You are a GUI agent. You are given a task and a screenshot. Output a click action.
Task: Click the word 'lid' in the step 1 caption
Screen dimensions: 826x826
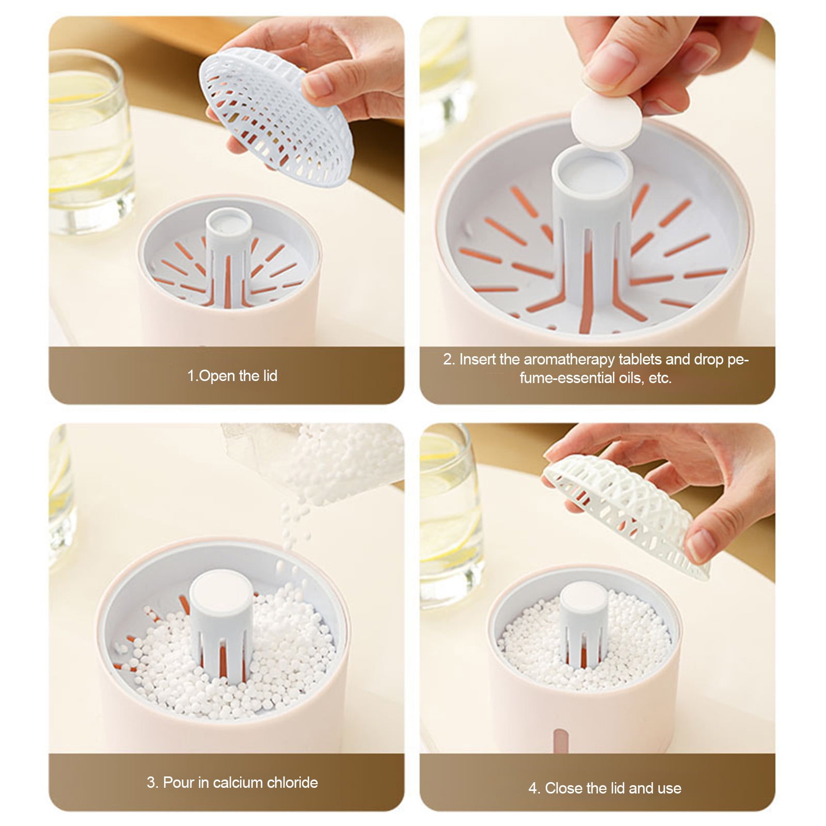269,375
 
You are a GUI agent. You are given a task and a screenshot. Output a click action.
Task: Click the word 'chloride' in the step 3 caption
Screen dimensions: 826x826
290,782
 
